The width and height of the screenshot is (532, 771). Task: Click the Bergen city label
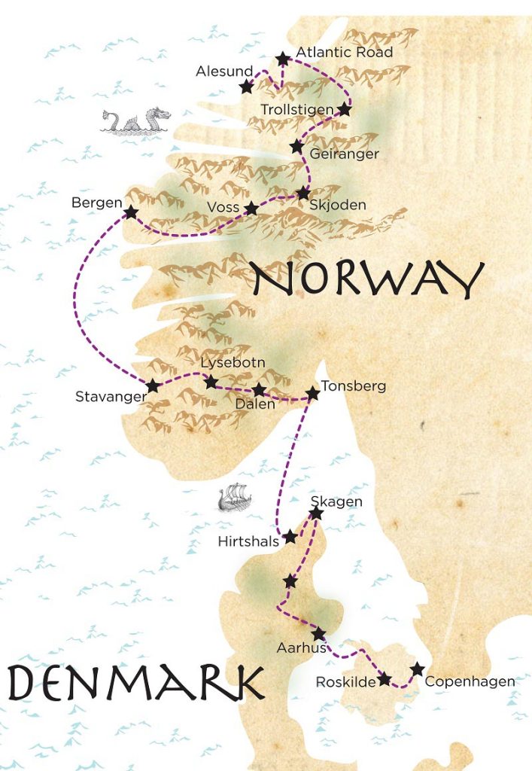(x=96, y=203)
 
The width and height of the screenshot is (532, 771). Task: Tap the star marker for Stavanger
(x=153, y=386)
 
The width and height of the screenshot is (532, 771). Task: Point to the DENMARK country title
(x=136, y=682)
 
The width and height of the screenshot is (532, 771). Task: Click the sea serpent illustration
(x=136, y=120)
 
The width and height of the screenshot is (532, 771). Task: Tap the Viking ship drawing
(x=231, y=498)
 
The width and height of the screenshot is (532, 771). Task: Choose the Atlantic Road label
(x=345, y=53)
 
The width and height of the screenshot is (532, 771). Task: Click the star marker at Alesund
(x=246, y=87)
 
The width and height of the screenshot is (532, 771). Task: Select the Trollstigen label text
(x=296, y=110)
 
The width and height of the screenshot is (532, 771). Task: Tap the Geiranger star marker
(x=296, y=146)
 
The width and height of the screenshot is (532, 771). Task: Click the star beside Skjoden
(x=302, y=193)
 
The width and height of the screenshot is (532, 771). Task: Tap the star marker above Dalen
(x=259, y=389)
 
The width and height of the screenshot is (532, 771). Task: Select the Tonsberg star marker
(x=312, y=393)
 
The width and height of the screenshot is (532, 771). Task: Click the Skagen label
(x=336, y=501)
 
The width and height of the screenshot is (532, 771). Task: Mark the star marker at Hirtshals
(x=290, y=537)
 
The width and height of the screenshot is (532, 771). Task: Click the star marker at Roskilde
(x=385, y=679)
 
